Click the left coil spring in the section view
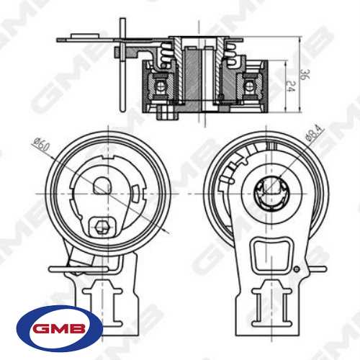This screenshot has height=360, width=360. (166, 51)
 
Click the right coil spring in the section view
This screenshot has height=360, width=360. (231, 51)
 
